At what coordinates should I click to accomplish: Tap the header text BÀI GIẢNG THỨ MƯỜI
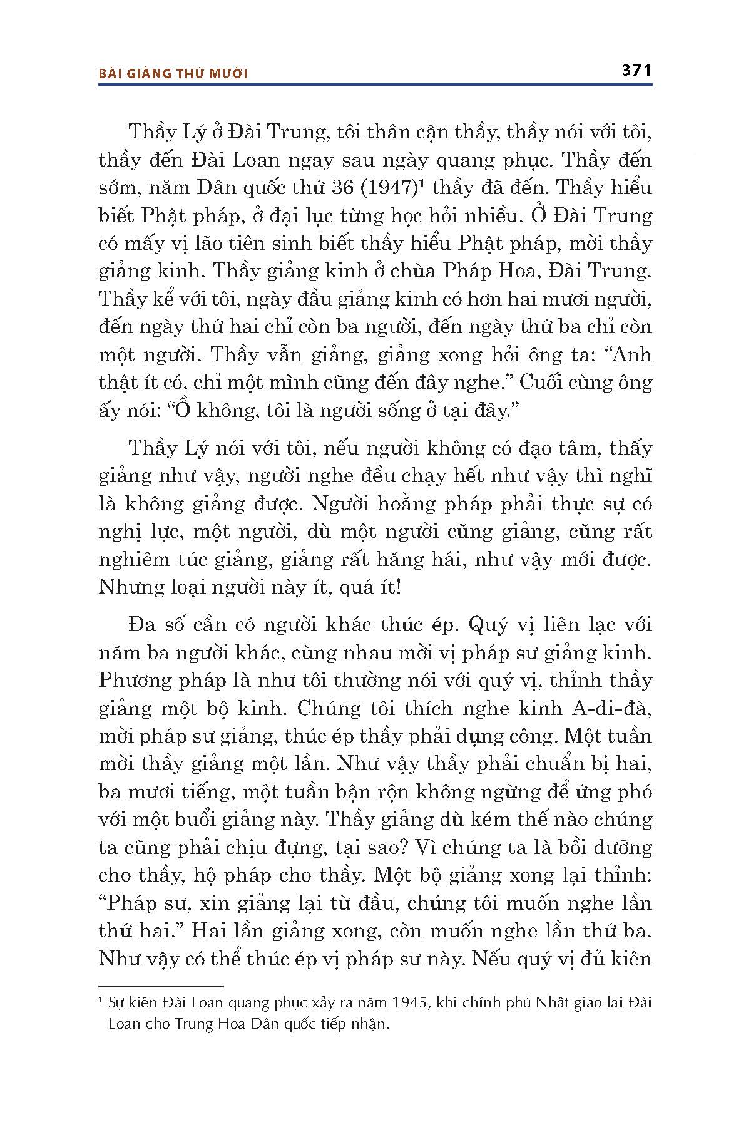pos(173,74)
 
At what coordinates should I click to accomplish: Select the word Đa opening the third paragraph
pos(140,625)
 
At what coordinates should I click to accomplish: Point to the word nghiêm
pos(133,560)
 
